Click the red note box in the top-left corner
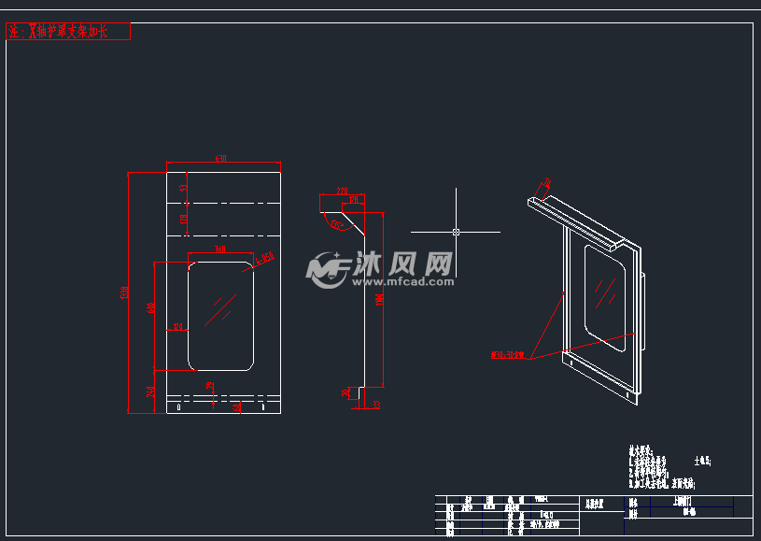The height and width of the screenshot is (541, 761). [x=67, y=32]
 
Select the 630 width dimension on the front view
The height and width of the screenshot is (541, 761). [x=221, y=159]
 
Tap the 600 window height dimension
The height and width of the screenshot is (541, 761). [x=151, y=307]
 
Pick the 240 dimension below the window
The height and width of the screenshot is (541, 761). [x=151, y=392]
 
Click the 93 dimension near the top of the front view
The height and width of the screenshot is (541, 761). [x=184, y=188]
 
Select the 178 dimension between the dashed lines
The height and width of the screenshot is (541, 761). [x=184, y=220]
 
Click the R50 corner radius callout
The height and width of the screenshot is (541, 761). [x=267, y=257]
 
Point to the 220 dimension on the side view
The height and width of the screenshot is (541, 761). [x=342, y=191]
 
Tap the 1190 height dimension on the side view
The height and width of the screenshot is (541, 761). [x=379, y=300]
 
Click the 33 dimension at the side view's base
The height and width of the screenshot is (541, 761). [x=376, y=405]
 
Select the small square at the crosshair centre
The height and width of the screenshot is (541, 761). [x=456, y=231]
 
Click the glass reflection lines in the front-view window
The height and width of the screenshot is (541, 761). [x=221, y=309]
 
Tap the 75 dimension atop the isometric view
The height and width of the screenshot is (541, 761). [x=547, y=183]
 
